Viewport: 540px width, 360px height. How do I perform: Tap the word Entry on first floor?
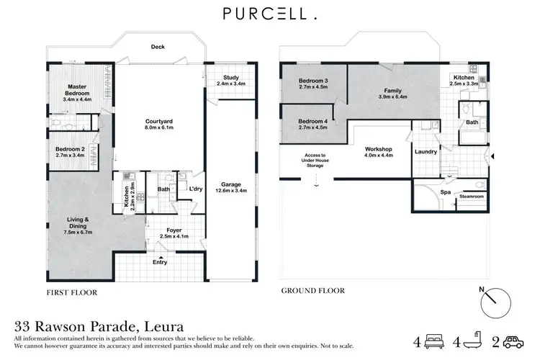pos(160,262)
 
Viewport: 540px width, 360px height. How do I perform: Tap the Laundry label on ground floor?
pos(426,152)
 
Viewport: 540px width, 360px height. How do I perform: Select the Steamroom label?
pos(471,195)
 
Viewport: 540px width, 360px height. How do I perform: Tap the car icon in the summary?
pos(511,341)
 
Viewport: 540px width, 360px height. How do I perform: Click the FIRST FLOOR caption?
pos(71,293)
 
